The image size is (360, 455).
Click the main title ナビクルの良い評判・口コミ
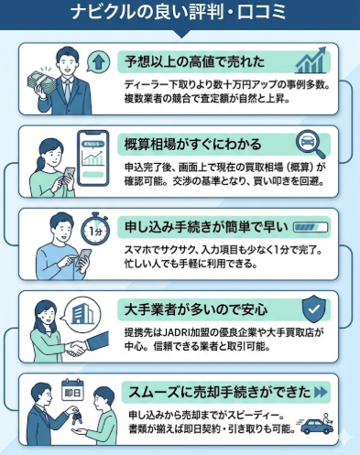tap(180, 13)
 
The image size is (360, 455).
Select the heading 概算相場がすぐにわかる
tap(193, 144)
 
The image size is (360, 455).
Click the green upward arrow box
tap(99, 63)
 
